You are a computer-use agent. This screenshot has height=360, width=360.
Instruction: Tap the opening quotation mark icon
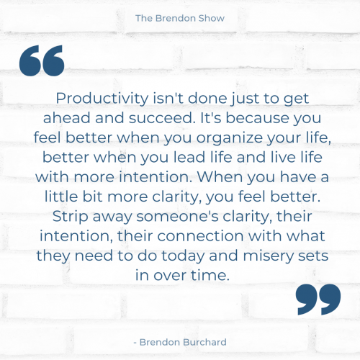pyautogui.click(x=42, y=60)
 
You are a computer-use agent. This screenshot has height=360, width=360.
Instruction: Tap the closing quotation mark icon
pyautogui.click(x=318, y=300)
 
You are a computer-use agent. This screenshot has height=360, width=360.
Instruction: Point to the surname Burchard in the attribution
pyautogui.click(x=205, y=342)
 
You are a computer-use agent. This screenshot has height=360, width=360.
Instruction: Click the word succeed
pyautogui.click(x=162, y=118)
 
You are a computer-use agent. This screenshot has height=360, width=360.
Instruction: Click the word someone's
pyautogui.click(x=178, y=217)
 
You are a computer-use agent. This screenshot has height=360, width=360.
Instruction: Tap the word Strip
pyautogui.click(x=71, y=217)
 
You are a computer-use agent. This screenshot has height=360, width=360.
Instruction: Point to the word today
pyautogui.click(x=182, y=256)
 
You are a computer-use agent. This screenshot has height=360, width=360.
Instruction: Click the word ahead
pyautogui.click(x=66, y=118)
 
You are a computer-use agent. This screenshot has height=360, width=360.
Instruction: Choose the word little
pyautogui.click(x=61, y=197)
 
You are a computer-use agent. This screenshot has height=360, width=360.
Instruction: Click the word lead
pyautogui.click(x=189, y=157)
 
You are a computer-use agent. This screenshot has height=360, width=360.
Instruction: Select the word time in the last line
pyautogui.click(x=209, y=275)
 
